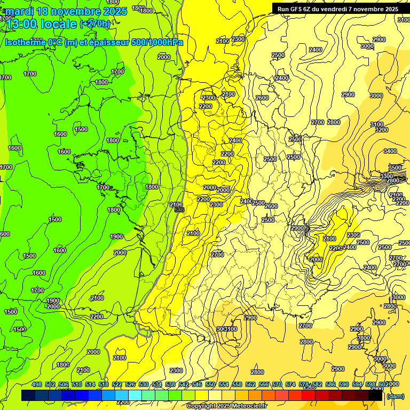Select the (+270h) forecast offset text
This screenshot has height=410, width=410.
pos(95,24)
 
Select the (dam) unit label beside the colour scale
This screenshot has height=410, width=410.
pos(395,396)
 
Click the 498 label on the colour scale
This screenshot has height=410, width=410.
pos(37,384)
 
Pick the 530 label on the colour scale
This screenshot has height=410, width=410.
pos(144,384)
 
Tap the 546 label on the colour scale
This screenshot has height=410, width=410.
pos(197,384)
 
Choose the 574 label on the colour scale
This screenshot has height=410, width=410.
pos(290,384)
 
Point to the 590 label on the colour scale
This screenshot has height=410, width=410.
pos(344,384)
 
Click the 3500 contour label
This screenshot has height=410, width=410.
pos(395,168)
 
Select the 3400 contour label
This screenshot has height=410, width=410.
pos(390,152)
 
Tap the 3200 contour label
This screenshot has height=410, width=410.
pos(381,130)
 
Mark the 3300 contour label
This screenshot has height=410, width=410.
pos(387,176)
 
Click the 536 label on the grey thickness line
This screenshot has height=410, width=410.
pos(179,210)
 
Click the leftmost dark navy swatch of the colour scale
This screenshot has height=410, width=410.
pos(28,396)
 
